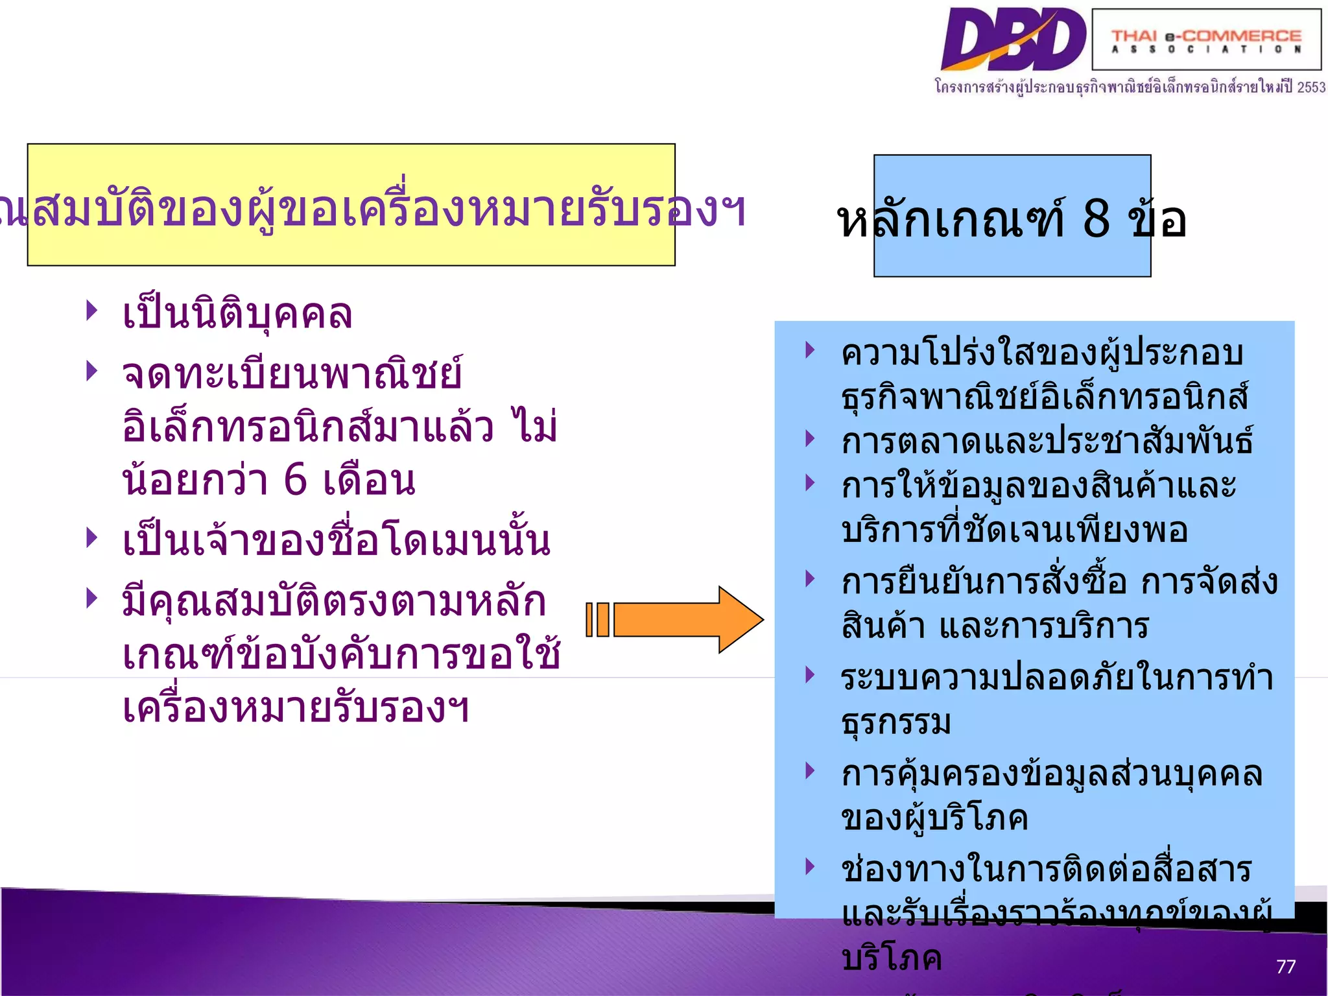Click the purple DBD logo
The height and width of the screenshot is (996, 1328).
[1013, 40]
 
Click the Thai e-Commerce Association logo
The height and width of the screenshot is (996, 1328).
[1206, 40]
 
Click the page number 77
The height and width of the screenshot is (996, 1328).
[1285, 967]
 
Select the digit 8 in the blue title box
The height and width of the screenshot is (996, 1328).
[1096, 218]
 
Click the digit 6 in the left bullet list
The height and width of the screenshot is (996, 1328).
[296, 480]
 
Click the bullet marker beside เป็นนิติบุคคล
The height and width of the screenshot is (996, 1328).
[92, 311]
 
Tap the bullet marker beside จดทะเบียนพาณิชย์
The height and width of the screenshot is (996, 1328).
[92, 371]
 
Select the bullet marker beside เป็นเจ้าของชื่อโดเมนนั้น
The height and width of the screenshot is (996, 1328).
[92, 537]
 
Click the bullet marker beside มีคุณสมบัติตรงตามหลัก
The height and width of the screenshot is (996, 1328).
[92, 597]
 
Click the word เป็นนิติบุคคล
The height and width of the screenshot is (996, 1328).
[237, 314]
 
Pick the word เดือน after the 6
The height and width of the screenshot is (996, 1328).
[369, 481]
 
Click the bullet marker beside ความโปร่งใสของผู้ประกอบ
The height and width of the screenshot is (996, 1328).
[810, 350]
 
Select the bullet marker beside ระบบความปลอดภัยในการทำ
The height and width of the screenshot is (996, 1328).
[810, 674]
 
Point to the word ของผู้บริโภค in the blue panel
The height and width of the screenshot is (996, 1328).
[934, 818]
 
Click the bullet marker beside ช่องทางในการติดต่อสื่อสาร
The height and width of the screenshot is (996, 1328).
[810, 866]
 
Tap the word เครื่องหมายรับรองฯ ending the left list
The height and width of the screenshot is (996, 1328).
[296, 708]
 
